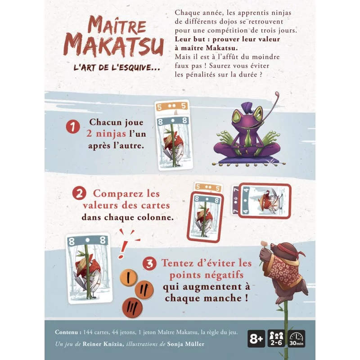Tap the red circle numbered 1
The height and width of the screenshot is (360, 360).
(73, 127)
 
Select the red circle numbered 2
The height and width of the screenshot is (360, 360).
(79, 193)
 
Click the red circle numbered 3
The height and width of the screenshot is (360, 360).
(149, 263)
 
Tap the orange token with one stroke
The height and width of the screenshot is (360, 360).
(129, 278)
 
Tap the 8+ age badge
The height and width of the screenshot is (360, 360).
(256, 339)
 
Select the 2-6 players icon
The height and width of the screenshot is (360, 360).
(276, 339)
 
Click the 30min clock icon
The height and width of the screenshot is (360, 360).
(297, 339)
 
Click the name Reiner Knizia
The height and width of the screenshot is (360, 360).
(102, 344)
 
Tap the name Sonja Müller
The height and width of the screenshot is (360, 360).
(185, 344)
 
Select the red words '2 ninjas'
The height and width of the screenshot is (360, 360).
(106, 134)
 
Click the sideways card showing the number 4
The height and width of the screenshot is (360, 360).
(265, 201)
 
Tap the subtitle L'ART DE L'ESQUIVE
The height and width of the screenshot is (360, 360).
(117, 68)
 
